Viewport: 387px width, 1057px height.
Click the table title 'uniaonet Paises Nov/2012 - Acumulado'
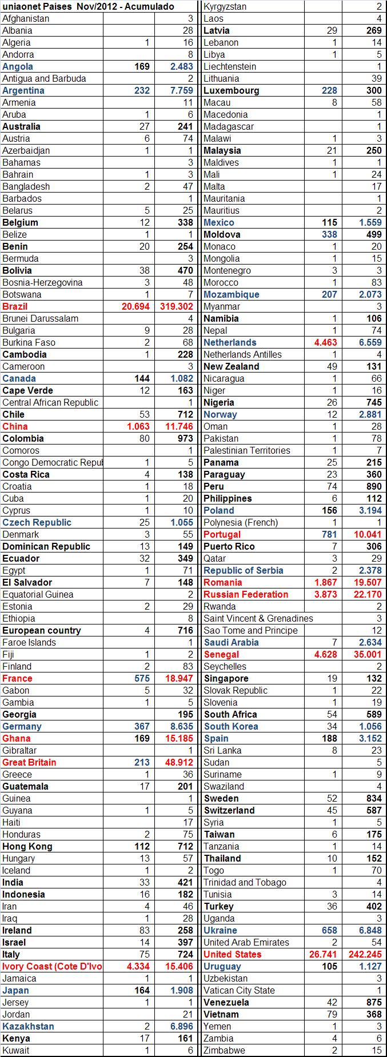(89, 6)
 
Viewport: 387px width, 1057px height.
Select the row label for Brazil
(15, 306)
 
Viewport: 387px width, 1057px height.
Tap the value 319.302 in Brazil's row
(175, 306)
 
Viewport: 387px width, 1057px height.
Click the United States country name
(233, 954)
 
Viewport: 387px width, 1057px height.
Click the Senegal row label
(222, 654)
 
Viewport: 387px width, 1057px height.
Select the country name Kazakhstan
(28, 1026)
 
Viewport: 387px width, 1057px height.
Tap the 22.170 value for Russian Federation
(366, 594)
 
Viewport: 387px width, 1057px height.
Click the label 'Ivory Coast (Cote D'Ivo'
(52, 966)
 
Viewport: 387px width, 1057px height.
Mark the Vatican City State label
(240, 990)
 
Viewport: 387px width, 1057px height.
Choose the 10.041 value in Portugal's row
(366, 534)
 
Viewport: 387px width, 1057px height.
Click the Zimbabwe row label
(225, 1050)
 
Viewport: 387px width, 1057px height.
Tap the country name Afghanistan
(26, 18)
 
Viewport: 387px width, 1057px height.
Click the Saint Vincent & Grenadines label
(258, 618)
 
